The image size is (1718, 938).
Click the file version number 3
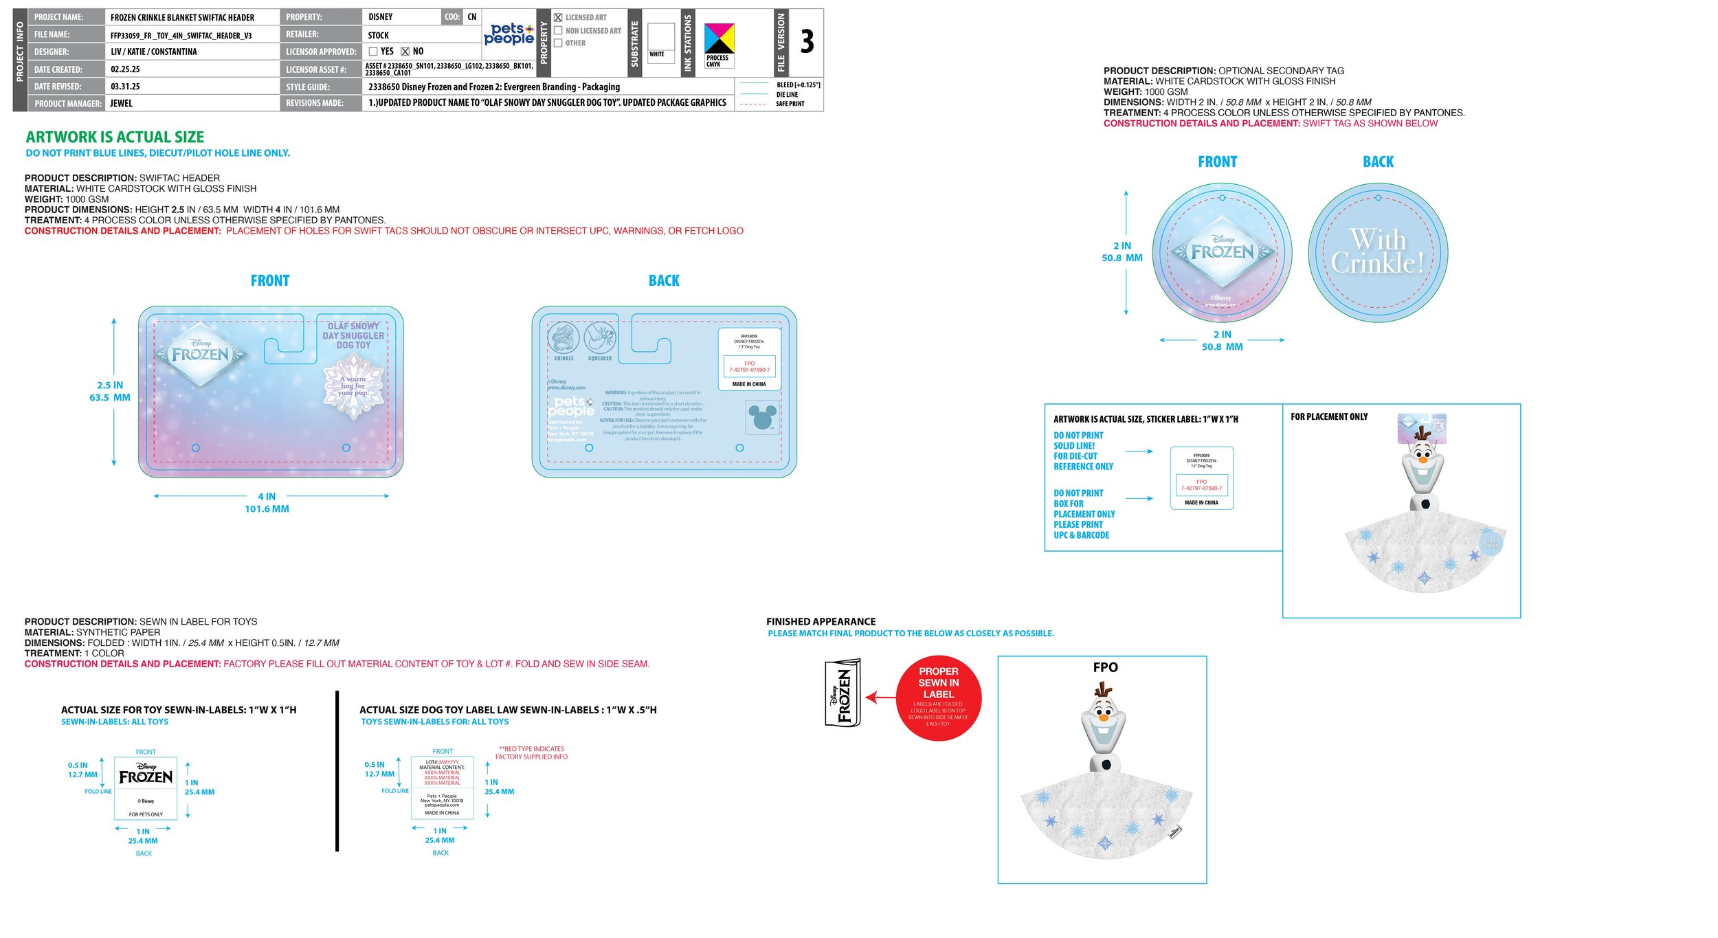[807, 42]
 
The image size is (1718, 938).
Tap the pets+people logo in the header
[509, 34]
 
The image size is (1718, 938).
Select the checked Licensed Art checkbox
[558, 18]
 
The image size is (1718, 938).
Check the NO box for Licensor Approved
[405, 52]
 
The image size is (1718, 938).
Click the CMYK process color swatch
[719, 39]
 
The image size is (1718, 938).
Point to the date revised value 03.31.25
[125, 87]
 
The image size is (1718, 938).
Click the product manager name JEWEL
[122, 104]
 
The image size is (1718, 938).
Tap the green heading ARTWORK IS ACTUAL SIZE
[115, 137]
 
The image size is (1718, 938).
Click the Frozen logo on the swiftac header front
[200, 354]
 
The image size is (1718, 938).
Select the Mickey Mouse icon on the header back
[762, 417]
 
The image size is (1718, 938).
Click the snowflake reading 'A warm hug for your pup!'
[355, 386]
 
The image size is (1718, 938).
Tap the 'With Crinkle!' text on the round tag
[1377, 252]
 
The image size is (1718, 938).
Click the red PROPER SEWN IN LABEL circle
[938, 697]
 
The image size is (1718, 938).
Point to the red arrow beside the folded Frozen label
[880, 698]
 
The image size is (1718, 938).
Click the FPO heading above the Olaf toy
[1105, 667]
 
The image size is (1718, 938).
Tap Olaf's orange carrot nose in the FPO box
[1103, 717]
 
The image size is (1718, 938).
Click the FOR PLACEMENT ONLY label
[1328, 417]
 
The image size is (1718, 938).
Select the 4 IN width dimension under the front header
[267, 496]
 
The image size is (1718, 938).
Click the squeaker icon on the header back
[599, 338]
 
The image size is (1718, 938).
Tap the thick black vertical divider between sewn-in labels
[337, 771]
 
